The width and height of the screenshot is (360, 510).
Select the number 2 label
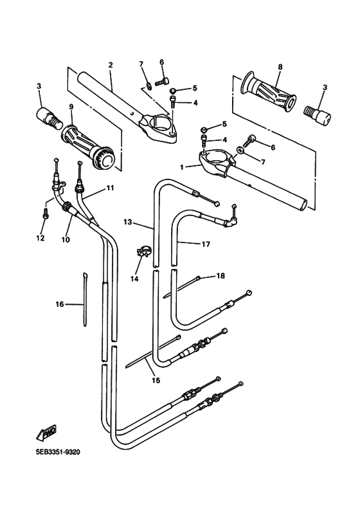click(x=111, y=65)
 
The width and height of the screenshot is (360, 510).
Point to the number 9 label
click(x=71, y=107)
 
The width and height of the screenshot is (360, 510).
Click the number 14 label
click(x=134, y=278)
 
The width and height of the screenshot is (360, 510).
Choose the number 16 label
click(x=60, y=304)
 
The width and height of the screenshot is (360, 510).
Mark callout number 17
click(x=206, y=244)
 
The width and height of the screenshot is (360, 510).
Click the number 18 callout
click(x=221, y=276)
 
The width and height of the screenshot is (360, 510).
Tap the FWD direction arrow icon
click(x=46, y=433)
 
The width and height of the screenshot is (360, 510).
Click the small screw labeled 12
click(x=46, y=214)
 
